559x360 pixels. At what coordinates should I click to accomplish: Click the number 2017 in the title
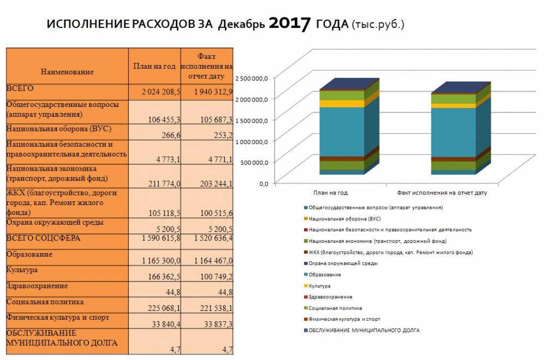pyautogui.click(x=289, y=23)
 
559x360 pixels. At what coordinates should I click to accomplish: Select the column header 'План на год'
pyautogui.click(x=154, y=66)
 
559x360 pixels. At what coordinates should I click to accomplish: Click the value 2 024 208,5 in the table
pyautogui.click(x=161, y=92)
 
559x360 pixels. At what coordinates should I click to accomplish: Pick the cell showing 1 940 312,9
pyautogui.click(x=213, y=92)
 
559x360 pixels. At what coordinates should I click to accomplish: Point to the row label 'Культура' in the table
pyautogui.click(x=22, y=270)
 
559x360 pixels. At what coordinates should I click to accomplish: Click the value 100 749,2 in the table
pyautogui.click(x=216, y=277)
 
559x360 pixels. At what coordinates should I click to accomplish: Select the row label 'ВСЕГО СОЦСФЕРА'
pyautogui.click(x=43, y=238)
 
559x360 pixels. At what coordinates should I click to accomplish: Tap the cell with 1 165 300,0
pyautogui.click(x=161, y=261)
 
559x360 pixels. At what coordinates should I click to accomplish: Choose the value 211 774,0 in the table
pyautogui.click(x=164, y=184)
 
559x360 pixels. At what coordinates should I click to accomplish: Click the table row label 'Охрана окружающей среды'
pyautogui.click(x=55, y=223)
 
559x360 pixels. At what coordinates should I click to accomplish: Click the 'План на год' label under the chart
pyautogui.click(x=330, y=193)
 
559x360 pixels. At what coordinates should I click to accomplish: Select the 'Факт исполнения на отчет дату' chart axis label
pyautogui.click(x=442, y=193)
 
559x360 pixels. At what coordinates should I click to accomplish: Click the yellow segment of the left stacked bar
pyautogui.click(x=342, y=104)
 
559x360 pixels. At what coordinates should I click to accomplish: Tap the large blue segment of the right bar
pyautogui.click(x=454, y=133)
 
